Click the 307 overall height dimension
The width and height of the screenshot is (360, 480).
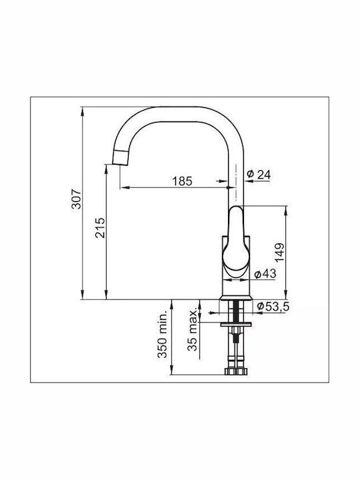[76, 199]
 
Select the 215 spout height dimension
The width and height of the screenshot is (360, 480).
[100, 228]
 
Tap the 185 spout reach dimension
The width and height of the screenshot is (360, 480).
[182, 181]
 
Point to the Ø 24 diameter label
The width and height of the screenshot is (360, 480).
[259, 174]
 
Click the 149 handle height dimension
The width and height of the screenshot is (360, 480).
[279, 252]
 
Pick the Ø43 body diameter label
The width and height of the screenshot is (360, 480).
[265, 273]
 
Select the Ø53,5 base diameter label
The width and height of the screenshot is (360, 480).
[273, 306]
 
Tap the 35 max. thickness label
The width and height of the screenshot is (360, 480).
[193, 330]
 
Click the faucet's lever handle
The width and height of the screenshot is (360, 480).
[235, 240]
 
